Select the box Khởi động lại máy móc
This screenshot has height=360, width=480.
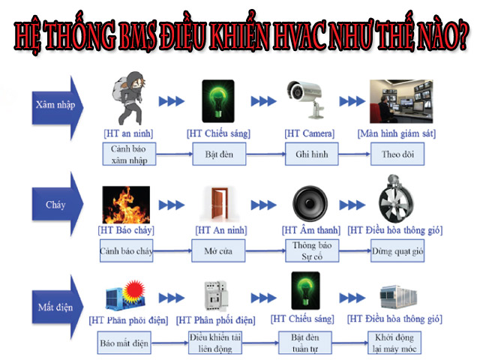(395, 344)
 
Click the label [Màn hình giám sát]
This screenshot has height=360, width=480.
(397, 133)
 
